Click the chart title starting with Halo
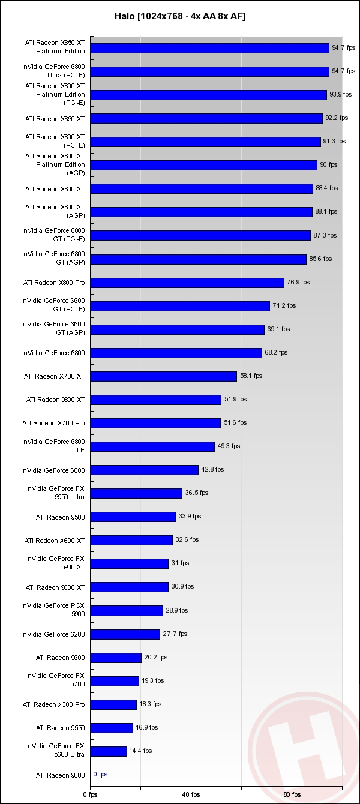coord(180,16)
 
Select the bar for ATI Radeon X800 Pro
coord(187,283)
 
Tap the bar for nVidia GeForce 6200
coord(125,634)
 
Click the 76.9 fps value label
coord(298,282)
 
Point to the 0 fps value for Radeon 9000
coord(100,775)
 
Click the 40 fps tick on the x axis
coord(191,794)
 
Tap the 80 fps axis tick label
coord(292,794)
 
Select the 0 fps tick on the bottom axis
coord(90,794)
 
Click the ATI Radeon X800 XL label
coord(55,189)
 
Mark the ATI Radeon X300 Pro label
coord(54,704)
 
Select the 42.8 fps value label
coord(212,470)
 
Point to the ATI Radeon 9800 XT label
coord(56,400)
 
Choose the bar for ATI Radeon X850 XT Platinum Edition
coord(209,48)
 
